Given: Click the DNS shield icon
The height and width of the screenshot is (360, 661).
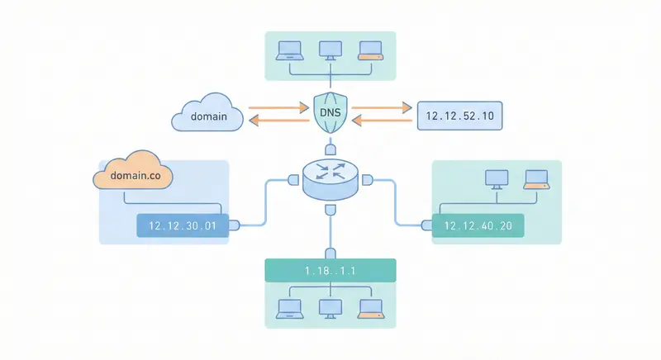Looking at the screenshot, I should (x=330, y=115).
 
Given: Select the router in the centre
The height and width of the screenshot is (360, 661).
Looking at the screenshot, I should (x=330, y=179).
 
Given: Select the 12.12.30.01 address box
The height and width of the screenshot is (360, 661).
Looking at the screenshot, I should (x=182, y=225).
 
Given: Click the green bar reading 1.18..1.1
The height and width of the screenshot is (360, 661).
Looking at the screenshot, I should (x=330, y=270).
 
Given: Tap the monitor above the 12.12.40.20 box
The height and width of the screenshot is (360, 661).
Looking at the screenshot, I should (x=497, y=178).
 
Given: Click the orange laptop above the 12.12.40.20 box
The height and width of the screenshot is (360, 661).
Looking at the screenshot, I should (x=536, y=178).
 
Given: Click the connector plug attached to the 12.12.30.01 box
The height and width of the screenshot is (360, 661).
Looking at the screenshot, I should (x=235, y=224).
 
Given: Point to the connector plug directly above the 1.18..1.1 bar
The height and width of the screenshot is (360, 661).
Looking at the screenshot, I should (x=330, y=253).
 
